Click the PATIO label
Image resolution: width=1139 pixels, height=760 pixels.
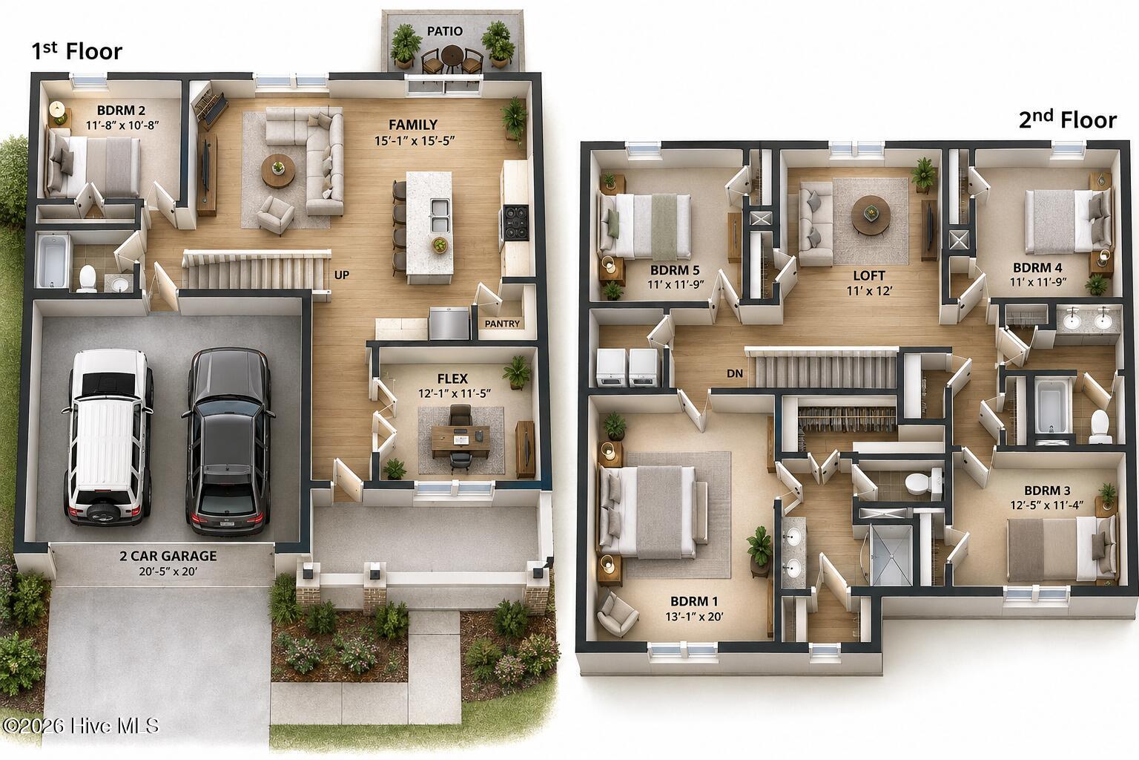coord(444,31)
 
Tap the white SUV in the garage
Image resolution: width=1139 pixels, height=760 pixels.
coord(108,436)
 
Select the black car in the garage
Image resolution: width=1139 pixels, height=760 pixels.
coord(229,441)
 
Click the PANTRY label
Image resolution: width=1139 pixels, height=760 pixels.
coord(502,324)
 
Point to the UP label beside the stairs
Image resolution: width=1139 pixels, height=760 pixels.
coord(342,275)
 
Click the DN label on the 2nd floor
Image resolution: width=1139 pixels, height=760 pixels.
coord(735,373)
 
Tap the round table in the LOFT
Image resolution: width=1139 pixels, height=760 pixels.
coord(871,215)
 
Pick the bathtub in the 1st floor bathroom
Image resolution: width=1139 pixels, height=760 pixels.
coord(53,261)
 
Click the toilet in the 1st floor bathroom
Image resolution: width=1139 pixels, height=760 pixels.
coord(87,278)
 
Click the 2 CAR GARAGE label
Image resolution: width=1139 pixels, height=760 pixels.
coord(168,556)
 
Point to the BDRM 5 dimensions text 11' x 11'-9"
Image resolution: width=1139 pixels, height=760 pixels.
coord(676,284)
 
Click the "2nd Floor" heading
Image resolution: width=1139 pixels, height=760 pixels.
coord(1067,119)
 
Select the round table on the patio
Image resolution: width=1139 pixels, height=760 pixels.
coord(452,53)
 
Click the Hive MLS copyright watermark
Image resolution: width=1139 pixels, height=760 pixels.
coord(81,726)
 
